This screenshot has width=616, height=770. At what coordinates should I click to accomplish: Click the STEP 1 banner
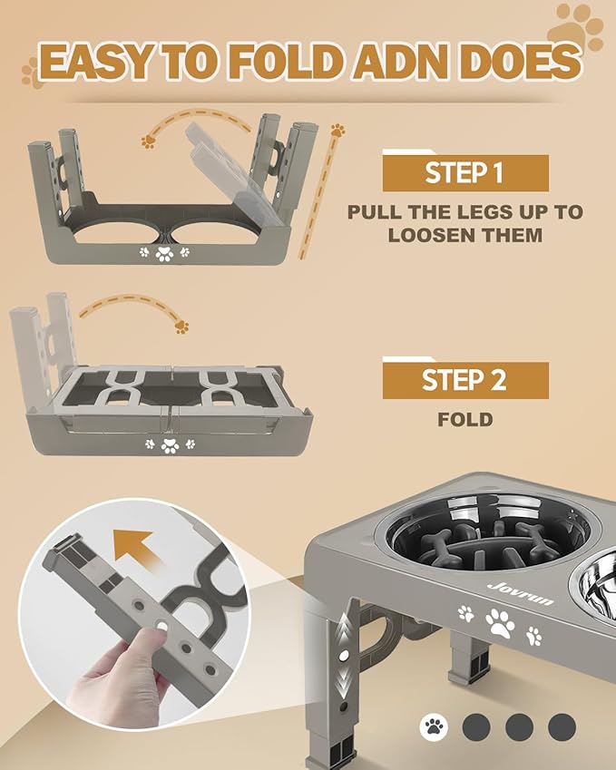464,173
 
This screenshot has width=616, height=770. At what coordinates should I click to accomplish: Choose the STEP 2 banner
464,380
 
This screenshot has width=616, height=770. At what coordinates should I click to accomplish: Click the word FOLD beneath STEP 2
464,420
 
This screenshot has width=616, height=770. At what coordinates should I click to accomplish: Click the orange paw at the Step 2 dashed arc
182,326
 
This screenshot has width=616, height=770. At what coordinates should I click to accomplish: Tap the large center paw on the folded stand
169,444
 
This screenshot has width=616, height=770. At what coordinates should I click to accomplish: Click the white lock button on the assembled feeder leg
345,654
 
